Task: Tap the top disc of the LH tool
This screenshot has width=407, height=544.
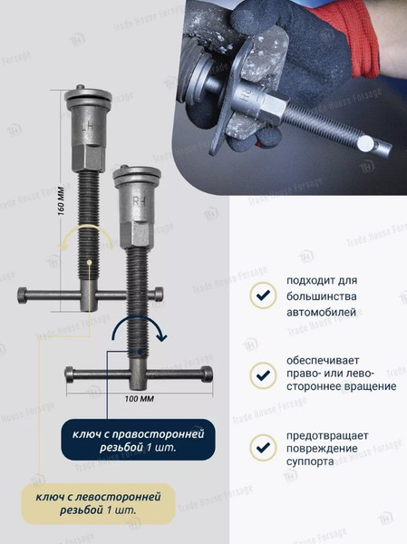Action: pos(89,94)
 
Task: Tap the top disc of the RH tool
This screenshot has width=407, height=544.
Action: pos(137,174)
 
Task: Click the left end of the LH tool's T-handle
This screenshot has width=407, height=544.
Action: pos(23,295)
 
